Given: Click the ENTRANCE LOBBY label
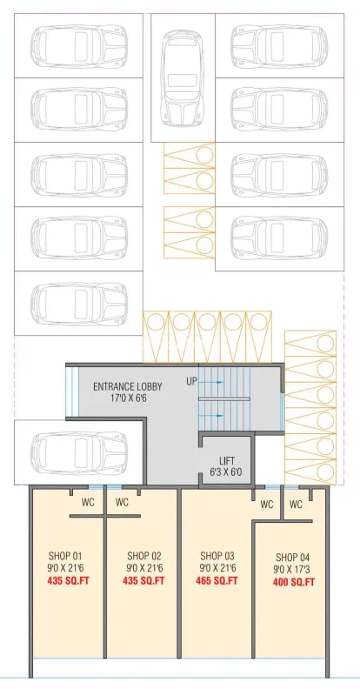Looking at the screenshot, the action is coord(127,386).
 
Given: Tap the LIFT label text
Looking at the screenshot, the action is coord(227,461).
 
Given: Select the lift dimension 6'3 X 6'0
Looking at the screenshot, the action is coord(226,472).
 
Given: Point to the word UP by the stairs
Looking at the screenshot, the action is coord(192,381).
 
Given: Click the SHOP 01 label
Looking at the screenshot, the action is coord(65,555).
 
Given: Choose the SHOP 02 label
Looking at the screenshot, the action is coord(144,555).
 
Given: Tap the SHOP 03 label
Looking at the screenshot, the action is coord(217,555).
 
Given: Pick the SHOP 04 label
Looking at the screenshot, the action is coord(293,558).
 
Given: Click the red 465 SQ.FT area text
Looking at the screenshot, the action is coord(217,580).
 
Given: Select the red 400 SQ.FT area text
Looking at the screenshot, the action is coord(294,583).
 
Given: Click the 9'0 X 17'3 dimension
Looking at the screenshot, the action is coord(293,571).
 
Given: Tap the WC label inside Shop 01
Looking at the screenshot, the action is coord(88,502).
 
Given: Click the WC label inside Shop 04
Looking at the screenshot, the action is coord(296,505).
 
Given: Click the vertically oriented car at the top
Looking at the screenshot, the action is coord(183,78).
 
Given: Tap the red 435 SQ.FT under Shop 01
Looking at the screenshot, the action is coord(69,580).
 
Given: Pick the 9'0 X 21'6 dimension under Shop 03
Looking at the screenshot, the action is coord(217,568).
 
